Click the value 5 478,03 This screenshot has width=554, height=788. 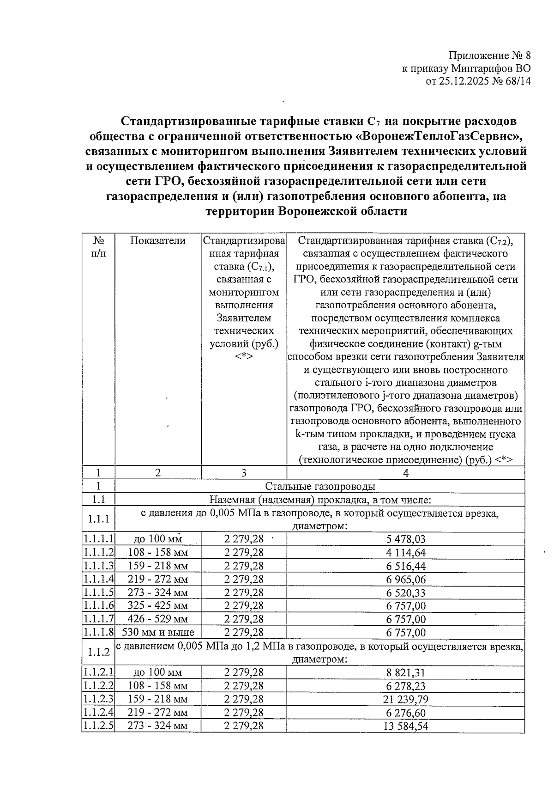(x=406, y=539)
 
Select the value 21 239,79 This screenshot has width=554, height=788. (x=406, y=699)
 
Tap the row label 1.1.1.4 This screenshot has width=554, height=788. (x=98, y=579)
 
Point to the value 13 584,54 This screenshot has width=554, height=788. (x=406, y=726)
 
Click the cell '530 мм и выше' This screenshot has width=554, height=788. (x=158, y=632)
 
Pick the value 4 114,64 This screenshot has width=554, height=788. (x=406, y=552)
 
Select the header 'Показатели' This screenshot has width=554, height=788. (x=158, y=241)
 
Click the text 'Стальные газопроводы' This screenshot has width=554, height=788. (x=320, y=486)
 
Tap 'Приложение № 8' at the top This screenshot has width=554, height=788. (x=489, y=56)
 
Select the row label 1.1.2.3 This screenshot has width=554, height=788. (x=98, y=699)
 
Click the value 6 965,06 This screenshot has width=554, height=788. (x=406, y=579)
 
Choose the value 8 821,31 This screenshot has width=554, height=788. (x=406, y=672)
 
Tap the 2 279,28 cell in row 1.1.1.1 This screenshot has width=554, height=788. (x=244, y=539)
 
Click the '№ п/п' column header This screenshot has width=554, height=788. (x=98, y=247)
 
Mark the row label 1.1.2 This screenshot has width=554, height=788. (x=98, y=652)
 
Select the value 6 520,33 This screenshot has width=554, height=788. (x=406, y=593)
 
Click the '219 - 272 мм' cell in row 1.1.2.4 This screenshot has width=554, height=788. (x=158, y=712)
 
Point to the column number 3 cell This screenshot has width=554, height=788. (x=244, y=473)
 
